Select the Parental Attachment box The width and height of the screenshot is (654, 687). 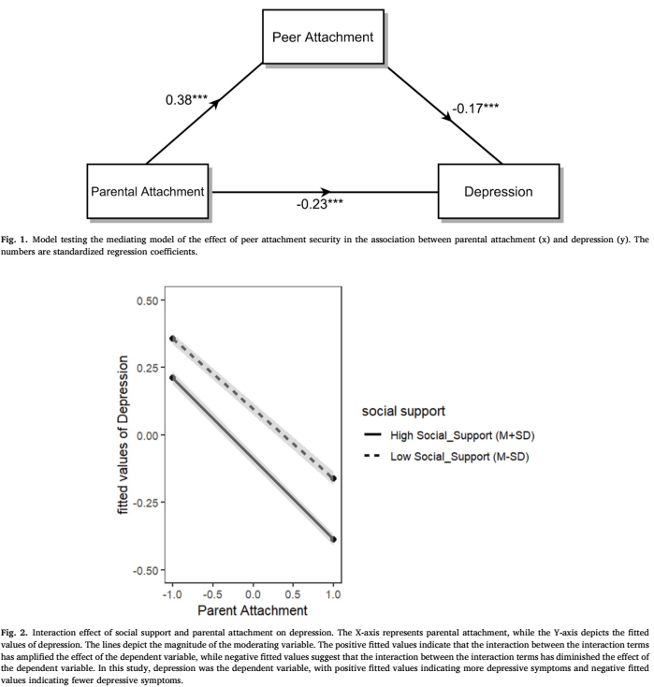pos(147,192)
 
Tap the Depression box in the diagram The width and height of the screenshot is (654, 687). pos(498,192)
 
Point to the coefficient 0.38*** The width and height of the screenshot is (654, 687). pos(185,100)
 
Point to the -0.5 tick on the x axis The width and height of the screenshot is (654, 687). pos(213,593)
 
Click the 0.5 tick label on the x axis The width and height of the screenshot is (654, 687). pos(293,593)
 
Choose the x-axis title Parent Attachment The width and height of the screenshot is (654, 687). pos(253,610)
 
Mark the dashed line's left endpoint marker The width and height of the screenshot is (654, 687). pos(172,338)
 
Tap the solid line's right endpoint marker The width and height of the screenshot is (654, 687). pos(334,539)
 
